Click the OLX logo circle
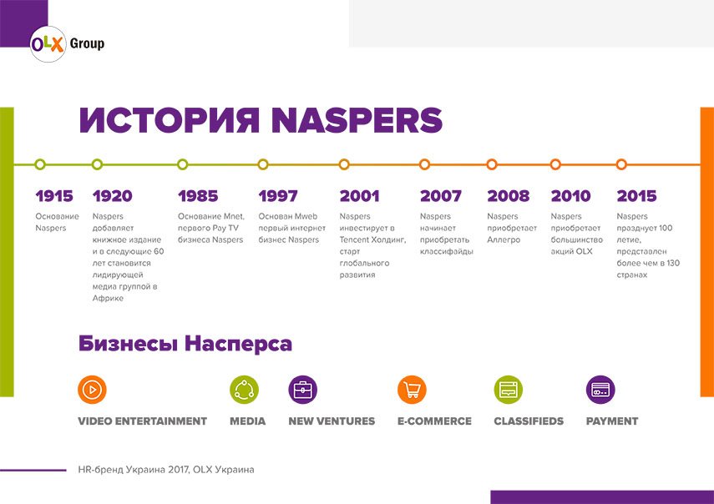click(x=48, y=44)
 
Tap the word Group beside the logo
click(x=87, y=44)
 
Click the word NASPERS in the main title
click(x=357, y=120)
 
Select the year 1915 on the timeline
click(x=54, y=196)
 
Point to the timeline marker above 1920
click(x=97, y=164)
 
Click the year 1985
click(x=198, y=196)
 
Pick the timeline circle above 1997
click(x=263, y=164)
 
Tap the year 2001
click(x=359, y=196)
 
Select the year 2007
click(x=440, y=196)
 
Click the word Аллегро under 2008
click(x=504, y=240)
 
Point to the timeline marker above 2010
click(x=555, y=164)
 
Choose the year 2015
click(x=636, y=196)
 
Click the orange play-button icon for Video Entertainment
click(x=92, y=390)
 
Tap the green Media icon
click(x=244, y=390)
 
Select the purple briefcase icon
click(x=303, y=390)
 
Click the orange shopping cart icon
click(x=412, y=390)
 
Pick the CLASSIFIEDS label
click(x=529, y=421)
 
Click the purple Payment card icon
click(x=600, y=390)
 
